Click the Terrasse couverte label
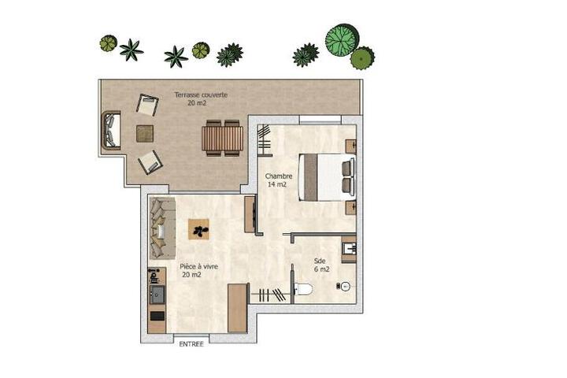201,94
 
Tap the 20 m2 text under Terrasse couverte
197,103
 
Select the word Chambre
279,176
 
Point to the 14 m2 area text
277,184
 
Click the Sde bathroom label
320,261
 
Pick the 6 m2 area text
321,269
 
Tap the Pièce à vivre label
199,267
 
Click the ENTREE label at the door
191,344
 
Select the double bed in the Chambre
327,177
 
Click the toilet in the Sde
304,289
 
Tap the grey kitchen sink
157,295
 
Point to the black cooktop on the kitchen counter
157,316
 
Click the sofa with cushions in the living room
163,228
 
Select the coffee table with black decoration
198,229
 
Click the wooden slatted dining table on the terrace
222,138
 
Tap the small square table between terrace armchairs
145,133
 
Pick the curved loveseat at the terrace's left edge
111,130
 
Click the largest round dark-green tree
342,40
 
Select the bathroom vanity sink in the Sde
349,249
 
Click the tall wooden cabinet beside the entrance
238,308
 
